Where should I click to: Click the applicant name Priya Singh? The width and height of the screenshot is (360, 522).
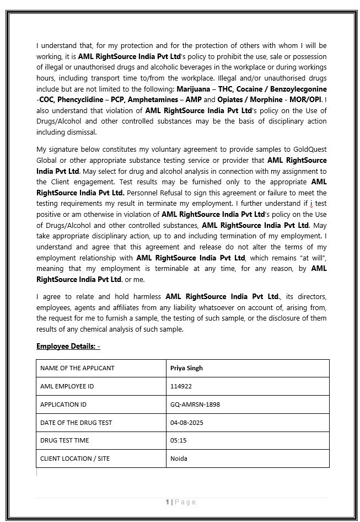186,368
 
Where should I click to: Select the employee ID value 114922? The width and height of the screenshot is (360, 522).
181,386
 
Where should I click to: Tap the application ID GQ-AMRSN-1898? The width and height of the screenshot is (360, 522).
195,404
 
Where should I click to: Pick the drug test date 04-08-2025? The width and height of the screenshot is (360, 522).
187,423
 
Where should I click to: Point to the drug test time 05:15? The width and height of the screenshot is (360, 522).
178,440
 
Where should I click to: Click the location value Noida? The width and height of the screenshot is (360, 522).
179,459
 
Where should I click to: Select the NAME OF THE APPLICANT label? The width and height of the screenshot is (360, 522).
77,368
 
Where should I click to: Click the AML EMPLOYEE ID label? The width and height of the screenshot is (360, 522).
67,386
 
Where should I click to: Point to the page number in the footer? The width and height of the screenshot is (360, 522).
167,502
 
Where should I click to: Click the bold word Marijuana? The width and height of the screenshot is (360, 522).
194,89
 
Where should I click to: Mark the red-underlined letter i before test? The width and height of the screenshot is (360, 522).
311,204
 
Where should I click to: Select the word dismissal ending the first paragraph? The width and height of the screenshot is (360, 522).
80,132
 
